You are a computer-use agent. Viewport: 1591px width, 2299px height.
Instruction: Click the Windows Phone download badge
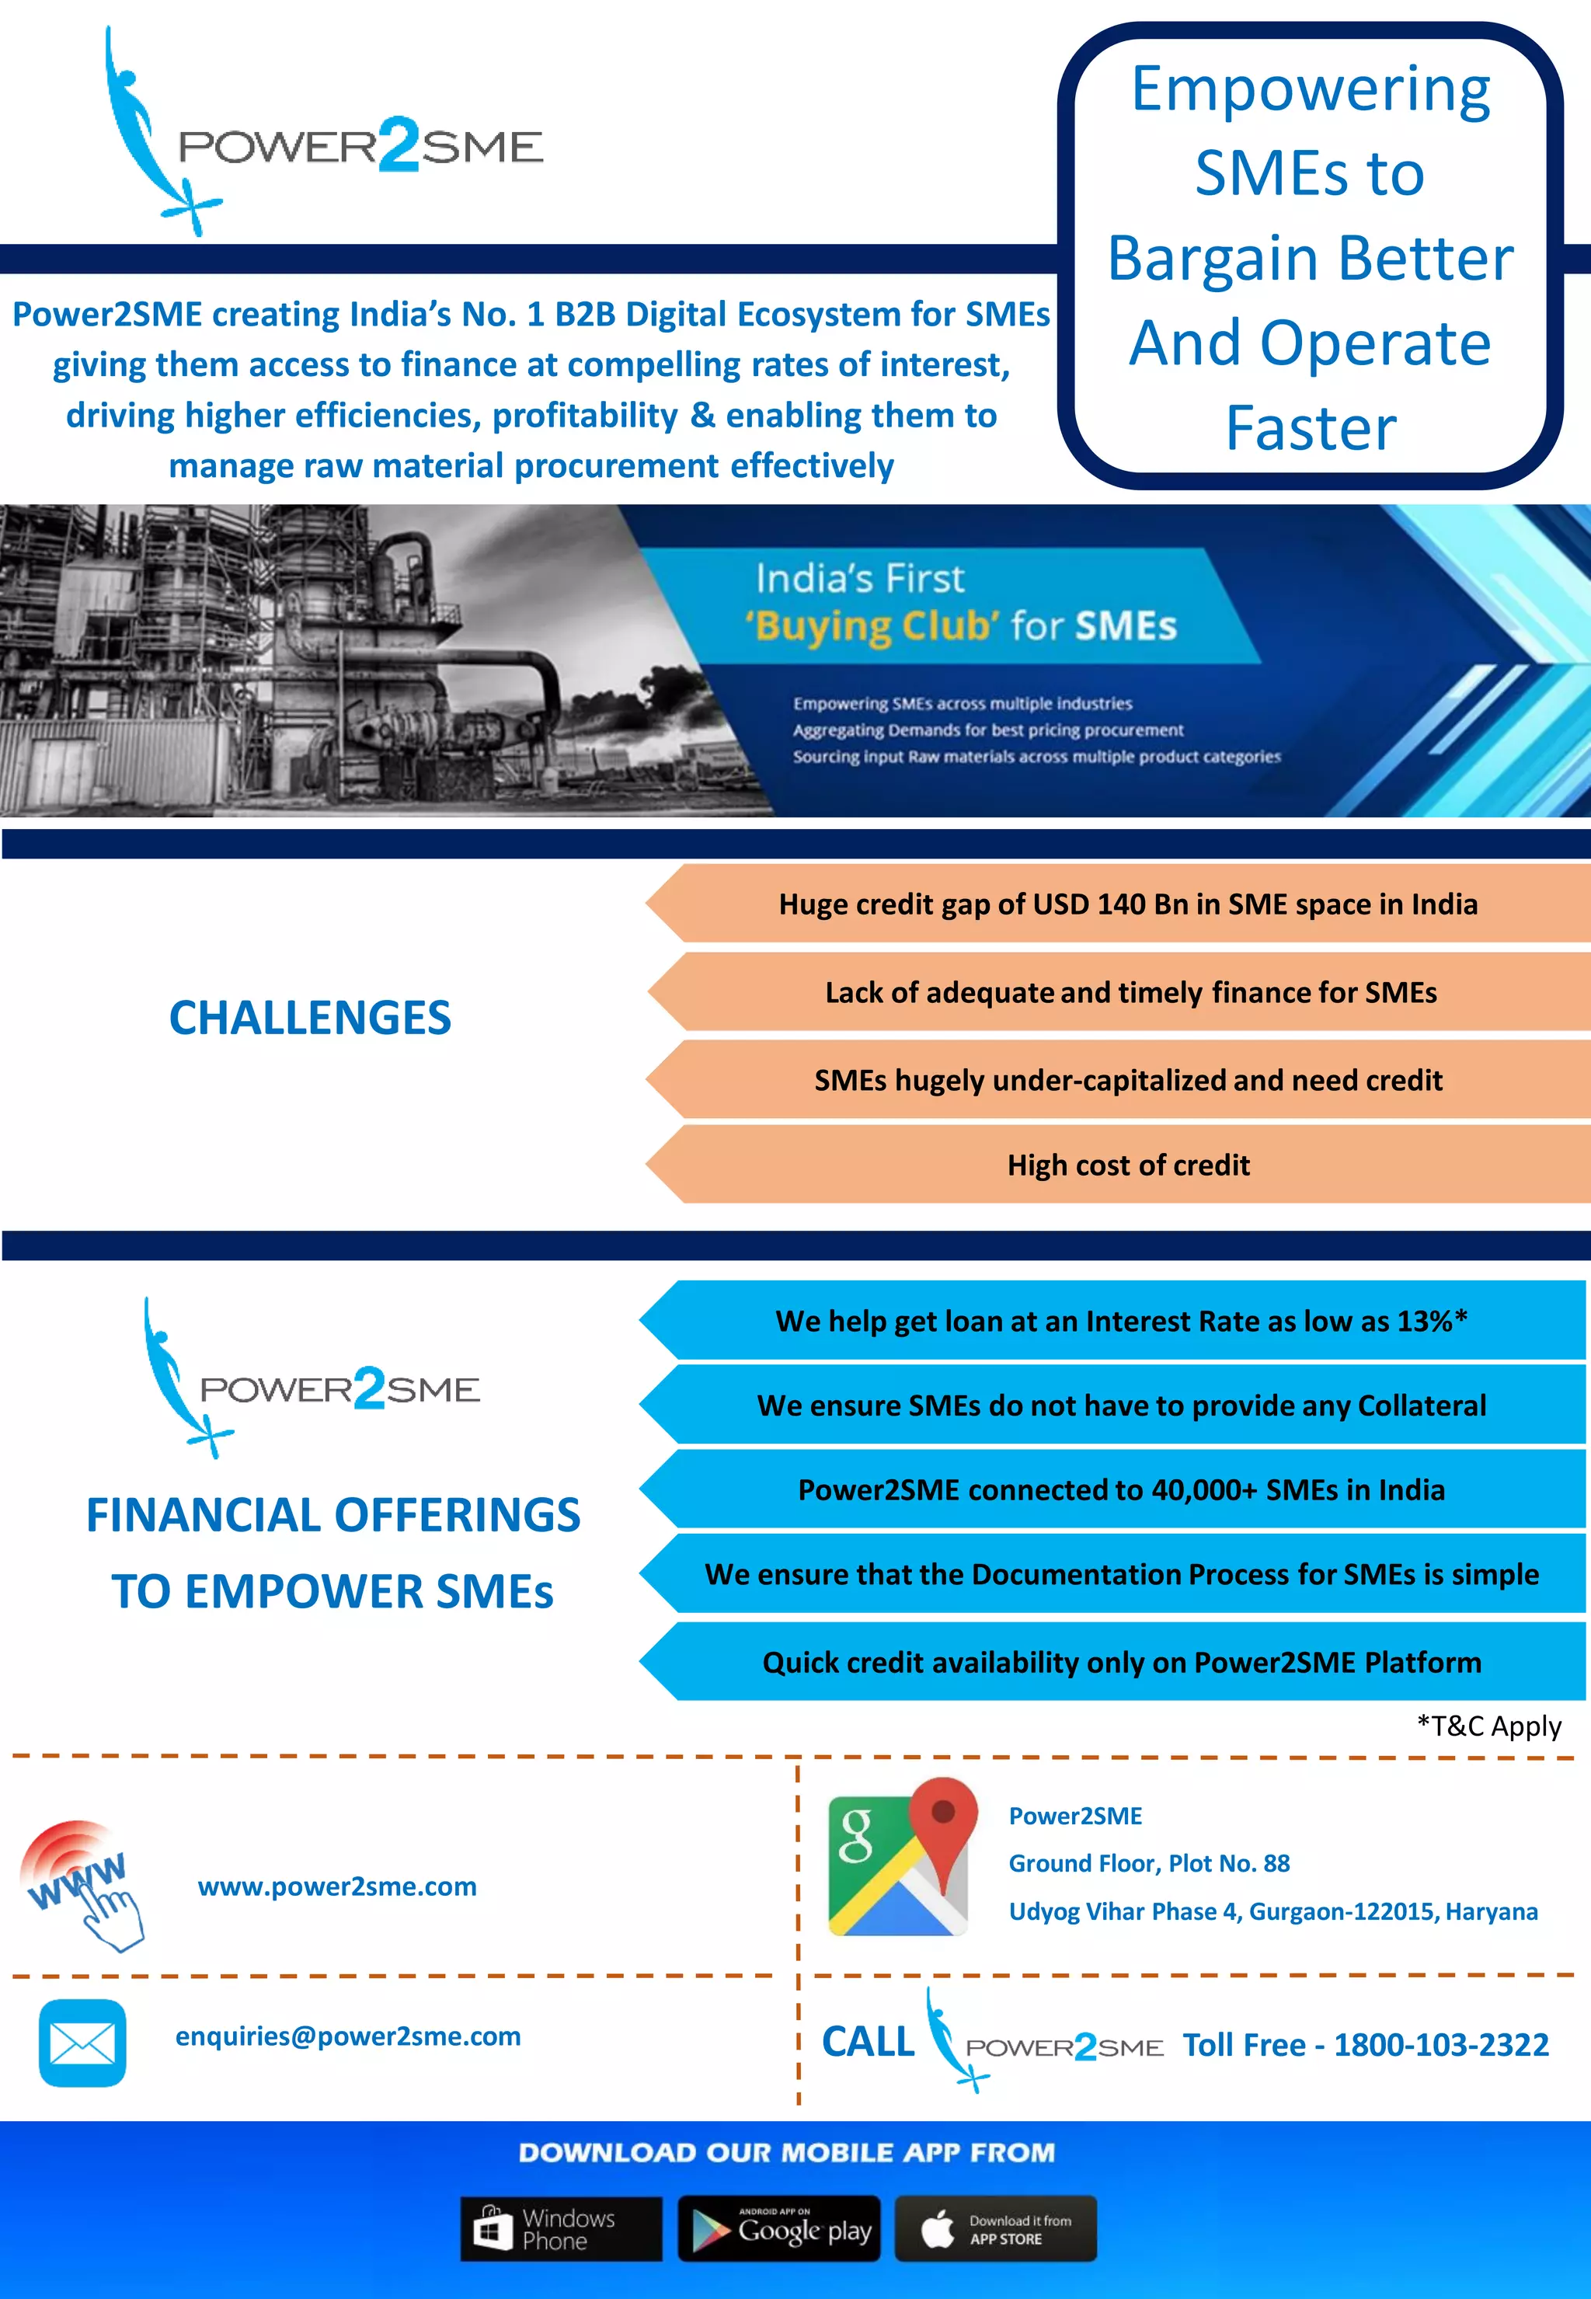pyautogui.click(x=560, y=2228)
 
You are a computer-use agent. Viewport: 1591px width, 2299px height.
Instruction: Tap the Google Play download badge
pyautogui.click(x=779, y=2228)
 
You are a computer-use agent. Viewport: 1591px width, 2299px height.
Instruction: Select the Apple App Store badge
pyautogui.click(x=995, y=2228)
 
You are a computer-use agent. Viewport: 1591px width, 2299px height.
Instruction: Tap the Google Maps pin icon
pyautogui.click(x=897, y=1856)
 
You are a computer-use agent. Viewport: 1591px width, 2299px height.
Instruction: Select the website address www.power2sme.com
pyautogui.click(x=337, y=1886)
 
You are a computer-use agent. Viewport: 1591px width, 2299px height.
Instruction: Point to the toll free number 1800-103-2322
pyautogui.click(x=1440, y=2045)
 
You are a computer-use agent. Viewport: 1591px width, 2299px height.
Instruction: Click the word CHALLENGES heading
pyautogui.click(x=310, y=1018)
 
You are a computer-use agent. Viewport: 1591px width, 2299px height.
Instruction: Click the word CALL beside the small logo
pyautogui.click(x=867, y=2042)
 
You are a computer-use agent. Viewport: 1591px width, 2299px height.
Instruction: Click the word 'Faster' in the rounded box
pyautogui.click(x=1310, y=429)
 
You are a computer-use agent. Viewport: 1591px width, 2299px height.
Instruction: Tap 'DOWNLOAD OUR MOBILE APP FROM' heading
pyautogui.click(x=786, y=2152)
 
